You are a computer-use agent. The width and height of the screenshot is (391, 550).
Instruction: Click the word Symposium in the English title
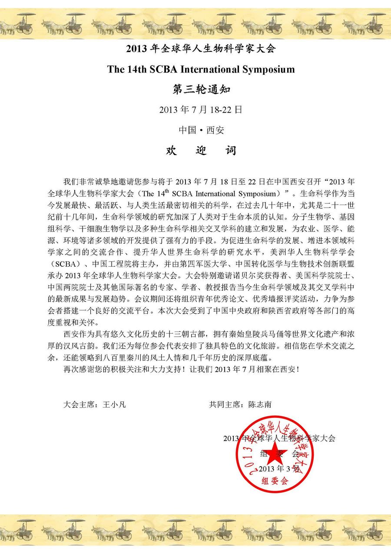pyautogui.click(x=267, y=70)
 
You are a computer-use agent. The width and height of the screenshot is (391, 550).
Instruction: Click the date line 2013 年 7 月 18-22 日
pyautogui.click(x=201, y=110)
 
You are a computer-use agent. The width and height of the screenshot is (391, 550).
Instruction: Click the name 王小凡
pyautogui.click(x=114, y=404)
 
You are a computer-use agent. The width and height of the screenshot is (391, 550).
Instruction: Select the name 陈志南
pyautogui.click(x=260, y=404)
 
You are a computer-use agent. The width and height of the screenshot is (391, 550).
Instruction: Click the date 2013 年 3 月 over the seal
pyautogui.click(x=278, y=469)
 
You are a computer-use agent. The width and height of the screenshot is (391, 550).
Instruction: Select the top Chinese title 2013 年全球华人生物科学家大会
pyautogui.click(x=201, y=49)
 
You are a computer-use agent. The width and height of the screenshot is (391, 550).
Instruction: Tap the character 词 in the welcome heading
pyautogui.click(x=231, y=151)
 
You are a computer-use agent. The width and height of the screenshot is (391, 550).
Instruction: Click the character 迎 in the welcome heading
pyautogui.click(x=201, y=151)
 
